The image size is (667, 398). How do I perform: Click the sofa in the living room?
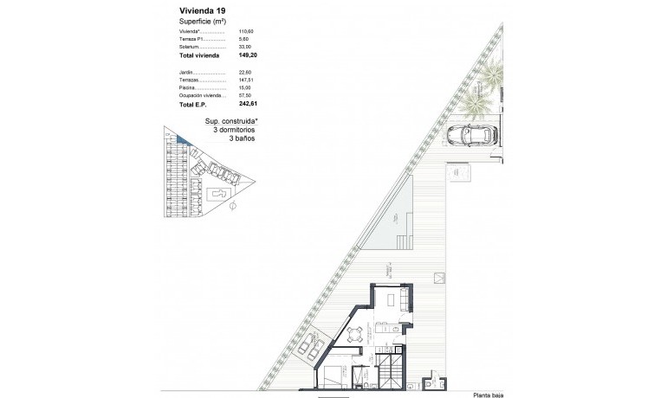click(x=404, y=300)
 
